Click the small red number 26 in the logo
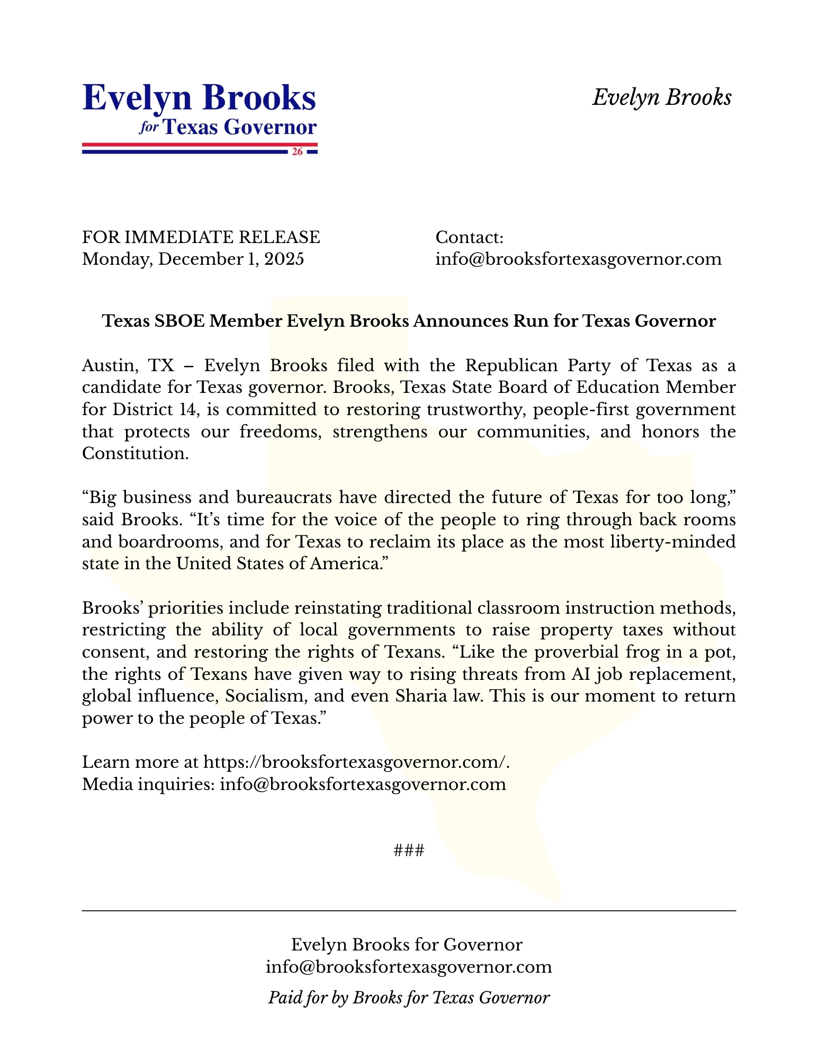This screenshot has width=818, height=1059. pyautogui.click(x=298, y=152)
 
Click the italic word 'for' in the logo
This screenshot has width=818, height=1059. pyautogui.click(x=149, y=128)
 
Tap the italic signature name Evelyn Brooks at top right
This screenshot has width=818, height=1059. pyautogui.click(x=662, y=97)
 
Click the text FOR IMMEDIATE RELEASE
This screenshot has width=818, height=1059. pyautogui.click(x=201, y=237)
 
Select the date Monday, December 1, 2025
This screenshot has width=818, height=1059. pyautogui.click(x=193, y=259)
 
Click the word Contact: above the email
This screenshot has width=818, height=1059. pyautogui.click(x=469, y=237)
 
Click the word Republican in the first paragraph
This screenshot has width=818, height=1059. pyautogui.click(x=511, y=365)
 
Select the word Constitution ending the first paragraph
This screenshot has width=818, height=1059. pyautogui.click(x=135, y=453)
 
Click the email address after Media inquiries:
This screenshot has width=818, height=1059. pyautogui.click(x=363, y=784)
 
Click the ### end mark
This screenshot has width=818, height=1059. pyautogui.click(x=409, y=850)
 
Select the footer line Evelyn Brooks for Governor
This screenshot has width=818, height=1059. pyautogui.click(x=407, y=945)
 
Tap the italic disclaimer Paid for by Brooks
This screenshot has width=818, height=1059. pyautogui.click(x=409, y=998)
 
